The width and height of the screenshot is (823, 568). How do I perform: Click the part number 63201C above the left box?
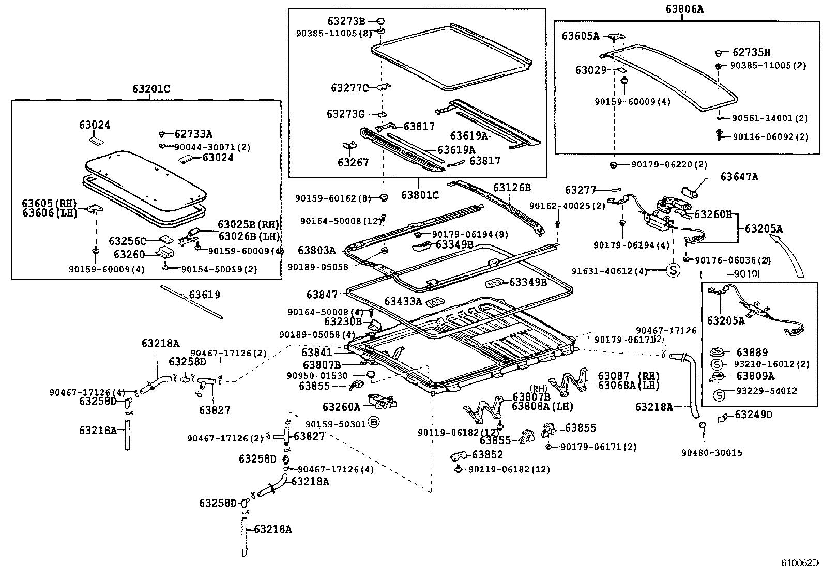pos(151,89)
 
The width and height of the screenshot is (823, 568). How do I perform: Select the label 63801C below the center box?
pos(420,195)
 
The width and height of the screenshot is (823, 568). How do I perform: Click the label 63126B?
pos(512,187)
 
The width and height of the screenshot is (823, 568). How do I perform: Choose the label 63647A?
pos(739,177)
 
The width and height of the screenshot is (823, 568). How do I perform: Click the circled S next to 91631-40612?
pos(673,270)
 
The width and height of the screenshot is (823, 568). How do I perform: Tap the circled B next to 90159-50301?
pos(374,423)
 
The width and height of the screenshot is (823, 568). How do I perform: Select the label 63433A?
pos(403,301)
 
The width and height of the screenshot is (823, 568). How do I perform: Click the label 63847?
pos(322,295)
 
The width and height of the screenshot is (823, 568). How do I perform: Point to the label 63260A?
pos(341,407)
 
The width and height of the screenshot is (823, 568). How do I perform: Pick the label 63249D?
pos(753,415)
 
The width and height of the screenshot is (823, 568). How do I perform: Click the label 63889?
pos(752,352)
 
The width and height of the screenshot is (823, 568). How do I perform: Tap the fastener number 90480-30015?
pos(711,453)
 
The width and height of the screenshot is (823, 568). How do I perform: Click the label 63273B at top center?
pos(346,21)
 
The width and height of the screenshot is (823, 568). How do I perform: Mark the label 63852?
pos(487,454)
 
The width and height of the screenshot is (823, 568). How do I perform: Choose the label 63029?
pos(591,70)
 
